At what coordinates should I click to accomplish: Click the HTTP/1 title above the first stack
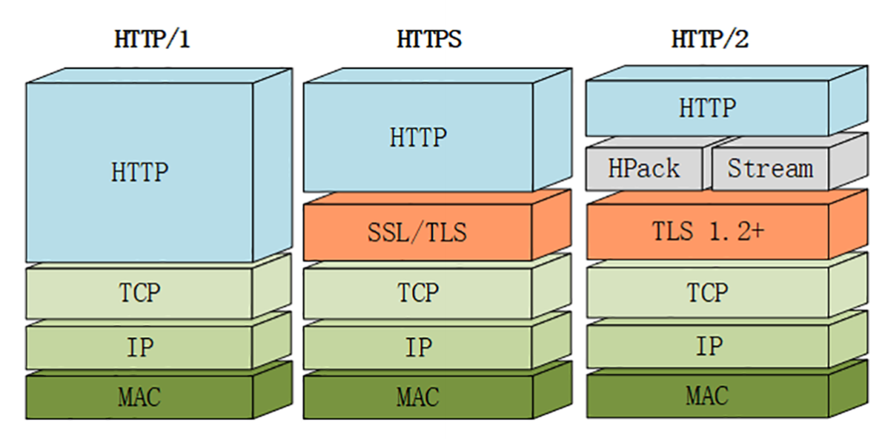click(152, 39)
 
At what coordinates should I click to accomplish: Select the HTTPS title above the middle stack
click(429, 39)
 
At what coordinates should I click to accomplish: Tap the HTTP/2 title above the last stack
click(709, 39)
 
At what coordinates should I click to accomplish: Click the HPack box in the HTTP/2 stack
click(643, 169)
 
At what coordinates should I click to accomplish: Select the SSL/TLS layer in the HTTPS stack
click(418, 233)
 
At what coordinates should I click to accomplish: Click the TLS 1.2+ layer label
click(707, 231)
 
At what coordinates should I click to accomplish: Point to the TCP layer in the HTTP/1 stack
click(139, 293)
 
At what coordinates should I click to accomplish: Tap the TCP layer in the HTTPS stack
click(418, 293)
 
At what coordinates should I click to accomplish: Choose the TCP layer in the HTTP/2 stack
click(707, 293)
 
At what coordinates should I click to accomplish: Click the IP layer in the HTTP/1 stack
click(139, 346)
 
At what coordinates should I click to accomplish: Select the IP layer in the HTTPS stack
click(418, 346)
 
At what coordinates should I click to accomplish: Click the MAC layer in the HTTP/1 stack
click(139, 397)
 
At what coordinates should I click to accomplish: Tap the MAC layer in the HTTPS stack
click(418, 397)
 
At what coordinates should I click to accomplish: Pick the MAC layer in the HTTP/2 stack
click(707, 395)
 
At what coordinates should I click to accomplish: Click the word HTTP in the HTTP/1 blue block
click(139, 173)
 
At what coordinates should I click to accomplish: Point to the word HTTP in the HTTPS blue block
click(418, 137)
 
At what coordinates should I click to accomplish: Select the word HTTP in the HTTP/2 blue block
click(707, 108)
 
